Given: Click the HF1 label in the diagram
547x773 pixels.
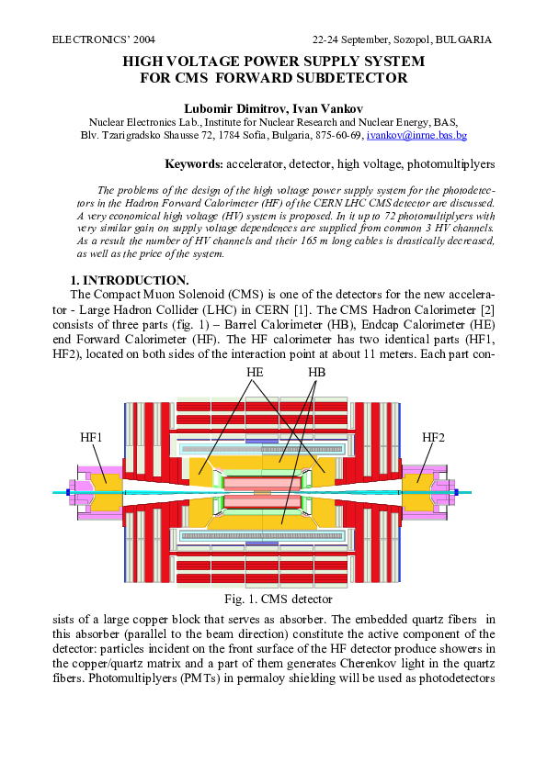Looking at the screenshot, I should (x=91, y=437).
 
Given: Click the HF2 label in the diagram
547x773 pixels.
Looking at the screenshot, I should (x=433, y=437).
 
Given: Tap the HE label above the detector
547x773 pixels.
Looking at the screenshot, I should (x=255, y=372).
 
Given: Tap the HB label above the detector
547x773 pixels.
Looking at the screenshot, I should (x=316, y=372).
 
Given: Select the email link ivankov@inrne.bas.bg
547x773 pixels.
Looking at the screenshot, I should (x=416, y=135).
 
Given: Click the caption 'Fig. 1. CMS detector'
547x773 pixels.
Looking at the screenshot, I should (x=273, y=599).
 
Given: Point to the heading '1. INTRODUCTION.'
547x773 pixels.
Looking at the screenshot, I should (x=130, y=280).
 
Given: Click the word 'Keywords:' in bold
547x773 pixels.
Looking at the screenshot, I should (x=194, y=164).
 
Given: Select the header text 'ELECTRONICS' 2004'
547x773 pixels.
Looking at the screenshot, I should (x=104, y=40).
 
